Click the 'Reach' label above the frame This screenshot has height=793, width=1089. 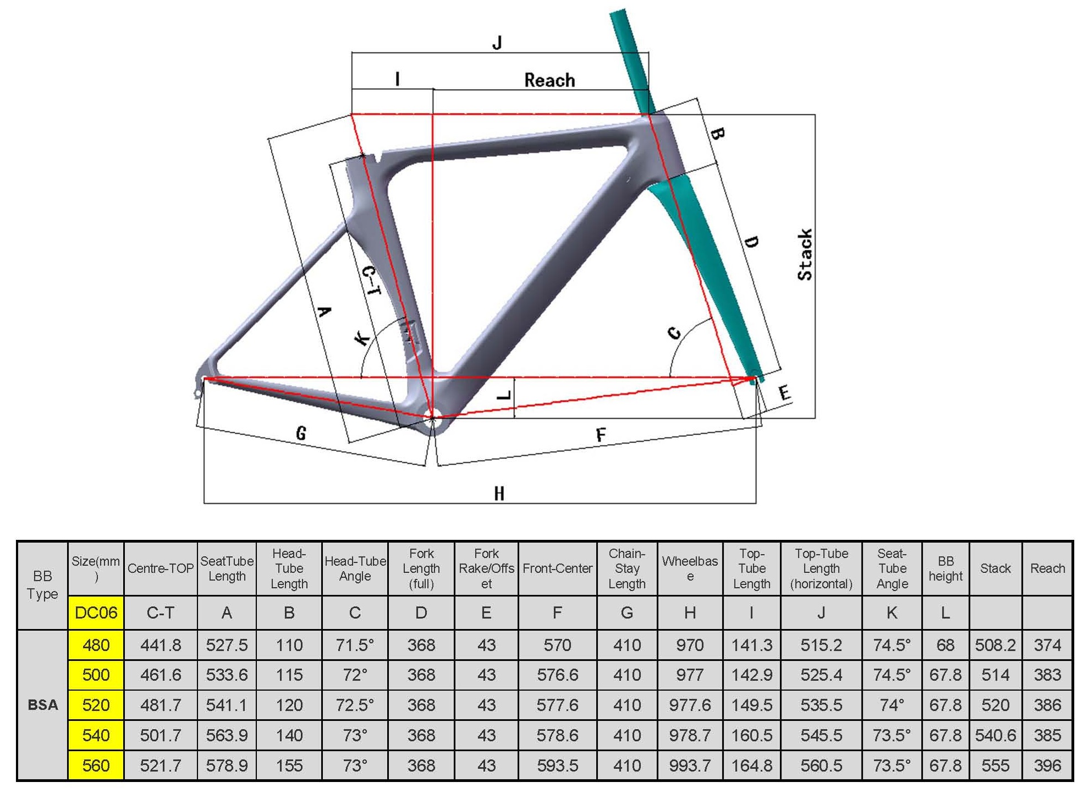(549, 80)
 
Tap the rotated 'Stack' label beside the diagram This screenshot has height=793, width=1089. (805, 254)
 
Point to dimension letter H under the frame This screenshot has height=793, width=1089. (499, 493)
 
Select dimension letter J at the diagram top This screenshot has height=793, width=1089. (497, 42)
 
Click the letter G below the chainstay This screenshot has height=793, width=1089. (301, 434)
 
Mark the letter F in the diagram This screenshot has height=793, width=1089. (601, 435)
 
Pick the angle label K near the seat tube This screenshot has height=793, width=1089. (362, 338)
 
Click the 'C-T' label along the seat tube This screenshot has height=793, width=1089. (371, 280)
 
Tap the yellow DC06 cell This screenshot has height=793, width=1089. (96, 612)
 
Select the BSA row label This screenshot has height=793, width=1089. (43, 705)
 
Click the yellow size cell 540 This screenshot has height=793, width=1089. (96, 735)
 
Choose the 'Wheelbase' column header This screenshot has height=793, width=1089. (690, 568)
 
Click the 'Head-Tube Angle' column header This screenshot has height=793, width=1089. (355, 568)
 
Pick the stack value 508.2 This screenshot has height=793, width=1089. (995, 645)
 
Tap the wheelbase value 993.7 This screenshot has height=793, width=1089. (690, 765)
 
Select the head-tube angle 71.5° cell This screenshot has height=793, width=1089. (355, 645)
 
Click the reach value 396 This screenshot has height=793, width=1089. (1047, 765)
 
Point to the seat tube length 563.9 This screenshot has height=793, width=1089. (227, 735)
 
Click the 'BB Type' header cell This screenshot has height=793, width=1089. (42, 585)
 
